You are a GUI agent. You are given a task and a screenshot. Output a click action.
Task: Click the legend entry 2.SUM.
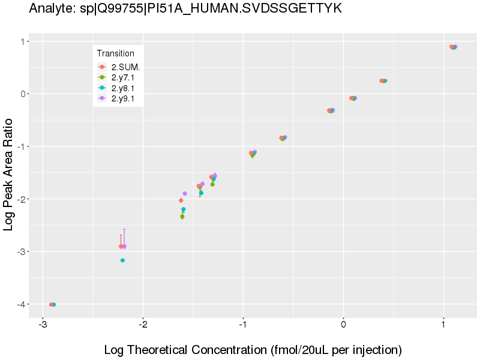(x=125, y=67)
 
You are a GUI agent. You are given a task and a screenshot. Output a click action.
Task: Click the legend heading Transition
(x=116, y=53)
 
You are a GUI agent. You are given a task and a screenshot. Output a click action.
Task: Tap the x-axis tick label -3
(x=43, y=325)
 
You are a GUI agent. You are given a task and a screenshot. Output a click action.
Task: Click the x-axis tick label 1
(x=443, y=325)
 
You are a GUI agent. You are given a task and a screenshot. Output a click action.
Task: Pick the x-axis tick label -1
(x=243, y=325)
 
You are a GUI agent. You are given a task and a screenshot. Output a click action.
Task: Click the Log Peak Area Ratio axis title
(x=10, y=175)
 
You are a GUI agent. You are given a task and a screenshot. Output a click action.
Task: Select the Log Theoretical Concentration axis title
(x=253, y=349)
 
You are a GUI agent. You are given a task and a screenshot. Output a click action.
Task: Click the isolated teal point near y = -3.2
(x=122, y=260)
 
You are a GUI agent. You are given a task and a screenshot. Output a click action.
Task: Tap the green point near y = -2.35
(x=182, y=217)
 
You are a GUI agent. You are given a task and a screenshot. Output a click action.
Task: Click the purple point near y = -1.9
(x=185, y=193)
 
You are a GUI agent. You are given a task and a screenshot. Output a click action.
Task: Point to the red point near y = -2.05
(x=181, y=200)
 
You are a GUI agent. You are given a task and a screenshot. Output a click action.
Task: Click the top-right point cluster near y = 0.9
(x=454, y=47)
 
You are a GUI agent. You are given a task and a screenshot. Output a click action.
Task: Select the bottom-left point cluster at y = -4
(x=52, y=305)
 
